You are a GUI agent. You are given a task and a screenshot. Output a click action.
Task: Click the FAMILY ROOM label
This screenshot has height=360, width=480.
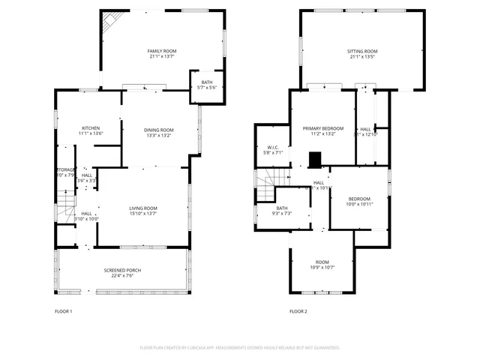(x=162, y=51)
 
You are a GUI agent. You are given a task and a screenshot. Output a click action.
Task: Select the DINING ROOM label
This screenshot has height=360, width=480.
(x=159, y=130)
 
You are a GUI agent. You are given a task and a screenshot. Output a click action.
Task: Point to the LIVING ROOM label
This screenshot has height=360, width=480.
(x=143, y=208)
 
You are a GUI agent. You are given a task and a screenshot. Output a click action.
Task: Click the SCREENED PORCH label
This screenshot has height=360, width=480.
(x=122, y=270)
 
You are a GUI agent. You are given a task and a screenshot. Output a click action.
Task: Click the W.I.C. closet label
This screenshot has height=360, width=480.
(x=274, y=147)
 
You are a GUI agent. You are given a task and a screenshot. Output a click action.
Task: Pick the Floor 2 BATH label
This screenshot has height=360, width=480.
(x=282, y=208)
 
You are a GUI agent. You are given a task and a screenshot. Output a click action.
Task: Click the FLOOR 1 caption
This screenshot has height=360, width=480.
(x=64, y=311)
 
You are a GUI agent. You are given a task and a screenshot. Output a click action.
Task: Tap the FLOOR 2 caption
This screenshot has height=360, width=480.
(x=298, y=311)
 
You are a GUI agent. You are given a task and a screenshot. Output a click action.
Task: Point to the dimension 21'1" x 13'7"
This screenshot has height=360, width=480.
(x=162, y=56)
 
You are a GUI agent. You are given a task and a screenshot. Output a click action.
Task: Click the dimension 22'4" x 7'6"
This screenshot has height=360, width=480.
(x=122, y=275)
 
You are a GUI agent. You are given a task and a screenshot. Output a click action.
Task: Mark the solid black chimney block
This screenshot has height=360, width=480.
(x=315, y=159)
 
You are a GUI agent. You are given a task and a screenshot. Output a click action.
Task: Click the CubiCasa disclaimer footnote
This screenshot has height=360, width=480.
(x=240, y=348)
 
